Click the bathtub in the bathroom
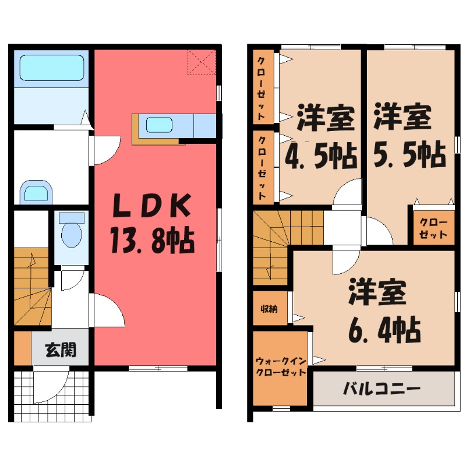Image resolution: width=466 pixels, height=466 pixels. pos(51,69)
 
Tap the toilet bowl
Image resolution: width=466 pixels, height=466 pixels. pos(72,231)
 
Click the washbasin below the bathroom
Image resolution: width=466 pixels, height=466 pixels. pos(36,192)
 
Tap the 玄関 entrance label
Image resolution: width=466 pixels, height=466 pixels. pos(61,351)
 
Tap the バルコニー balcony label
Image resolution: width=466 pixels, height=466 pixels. pos(382,388)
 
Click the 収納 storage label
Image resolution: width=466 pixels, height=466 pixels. pos(269,309)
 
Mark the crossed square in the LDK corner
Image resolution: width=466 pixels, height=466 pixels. pos(202,63)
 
